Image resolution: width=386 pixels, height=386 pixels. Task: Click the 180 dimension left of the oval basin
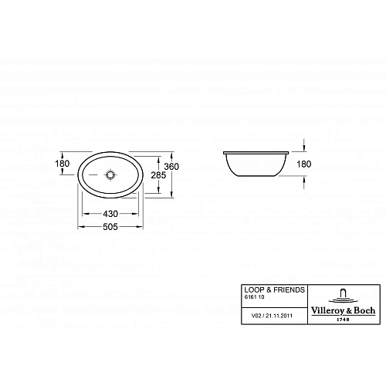pyautogui.click(x=63, y=164)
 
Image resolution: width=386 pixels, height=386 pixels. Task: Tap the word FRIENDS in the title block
pyautogui.click(x=286, y=289)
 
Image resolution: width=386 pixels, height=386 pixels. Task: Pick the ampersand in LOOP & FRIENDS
pyautogui.click(x=268, y=289)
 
